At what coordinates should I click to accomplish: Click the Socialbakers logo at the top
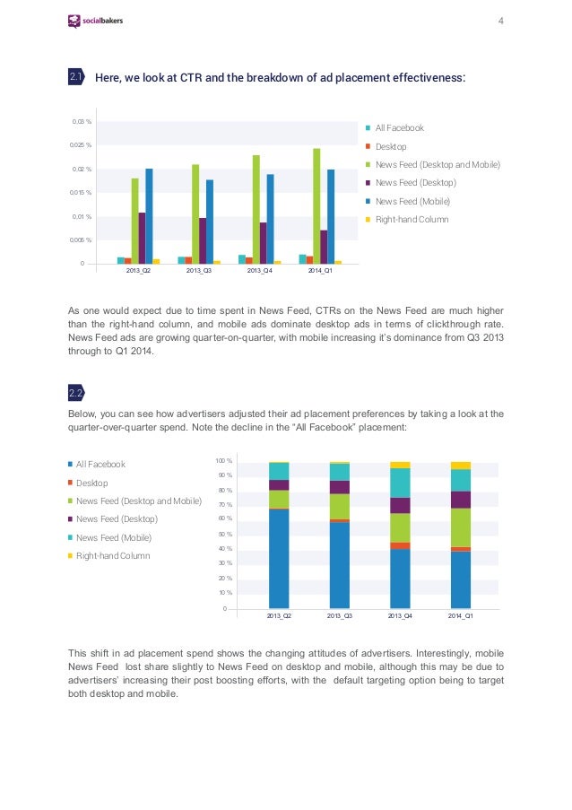pos(95,21)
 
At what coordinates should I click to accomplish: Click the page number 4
pos(501,21)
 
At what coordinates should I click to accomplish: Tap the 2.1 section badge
pos(76,77)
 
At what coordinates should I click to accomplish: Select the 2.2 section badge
pos(76,393)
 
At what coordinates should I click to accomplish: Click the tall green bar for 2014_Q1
pos(316,206)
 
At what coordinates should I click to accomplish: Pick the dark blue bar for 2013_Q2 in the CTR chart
pos(149,216)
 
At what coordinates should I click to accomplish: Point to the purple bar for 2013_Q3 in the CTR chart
pos(203,240)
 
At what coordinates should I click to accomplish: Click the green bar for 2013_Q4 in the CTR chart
pos(256,209)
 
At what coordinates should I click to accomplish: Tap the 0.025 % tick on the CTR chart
pos(81,145)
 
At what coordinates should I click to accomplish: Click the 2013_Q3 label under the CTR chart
pos(199,271)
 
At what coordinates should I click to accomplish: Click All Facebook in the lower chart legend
pos(97,465)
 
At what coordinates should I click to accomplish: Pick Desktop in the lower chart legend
pos(88,483)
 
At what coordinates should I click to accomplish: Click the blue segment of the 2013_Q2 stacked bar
pos(279,559)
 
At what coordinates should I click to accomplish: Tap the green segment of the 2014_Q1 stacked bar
pos(461,527)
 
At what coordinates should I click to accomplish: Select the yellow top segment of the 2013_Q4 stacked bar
pos(400,465)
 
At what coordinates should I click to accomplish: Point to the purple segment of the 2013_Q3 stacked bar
pos(340,487)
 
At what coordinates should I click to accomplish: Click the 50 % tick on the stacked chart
pos(225,534)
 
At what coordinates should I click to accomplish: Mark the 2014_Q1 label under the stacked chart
pos(461,615)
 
